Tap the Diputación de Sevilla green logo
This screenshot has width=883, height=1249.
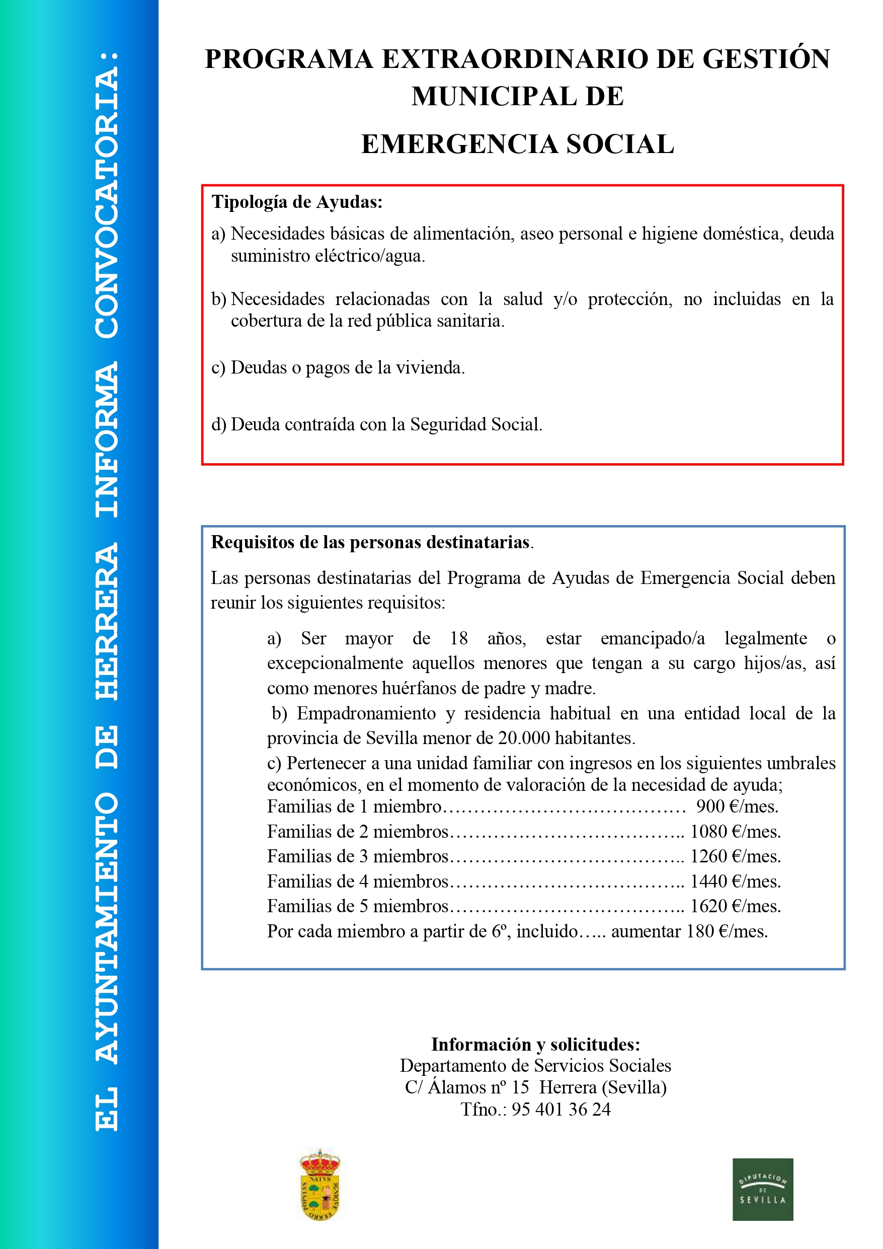pos(762,1189)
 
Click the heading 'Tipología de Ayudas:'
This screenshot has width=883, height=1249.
pos(297,202)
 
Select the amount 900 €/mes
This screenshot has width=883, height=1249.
pos(737,806)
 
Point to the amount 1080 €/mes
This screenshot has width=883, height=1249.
pos(735,831)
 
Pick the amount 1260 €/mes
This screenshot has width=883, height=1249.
pos(735,856)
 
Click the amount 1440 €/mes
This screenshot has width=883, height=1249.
pos(735,881)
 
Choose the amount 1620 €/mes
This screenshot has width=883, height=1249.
pos(735,906)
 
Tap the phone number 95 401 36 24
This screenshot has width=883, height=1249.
pos(560,1109)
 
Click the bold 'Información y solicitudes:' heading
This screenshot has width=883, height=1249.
pos(535,1045)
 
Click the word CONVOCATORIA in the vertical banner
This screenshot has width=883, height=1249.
pos(107,195)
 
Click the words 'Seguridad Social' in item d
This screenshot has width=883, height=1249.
pos(476,424)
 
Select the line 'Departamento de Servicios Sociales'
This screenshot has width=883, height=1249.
pos(535,1066)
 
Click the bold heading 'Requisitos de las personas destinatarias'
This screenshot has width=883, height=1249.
pos(370,542)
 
